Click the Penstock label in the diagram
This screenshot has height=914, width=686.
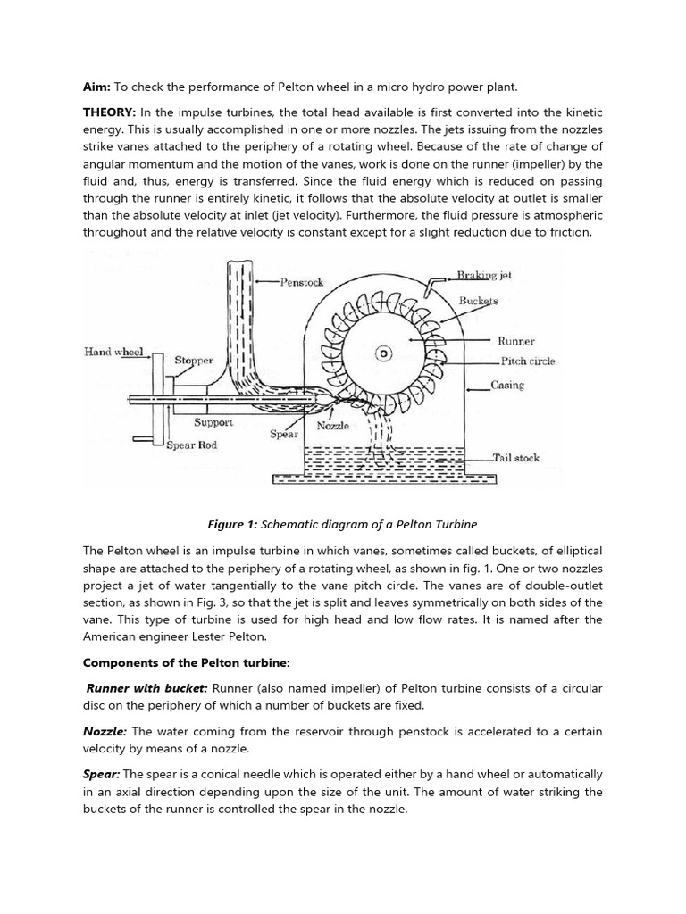[x=301, y=282]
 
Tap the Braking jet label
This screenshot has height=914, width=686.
[x=484, y=276]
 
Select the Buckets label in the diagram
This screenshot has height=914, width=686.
[x=478, y=301]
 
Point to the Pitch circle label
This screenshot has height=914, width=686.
[x=528, y=361]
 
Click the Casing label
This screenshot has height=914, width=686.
[x=507, y=386]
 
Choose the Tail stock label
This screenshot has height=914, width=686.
[x=516, y=458]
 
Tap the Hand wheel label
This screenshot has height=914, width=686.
[x=113, y=352]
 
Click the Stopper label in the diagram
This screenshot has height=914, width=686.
[x=193, y=361]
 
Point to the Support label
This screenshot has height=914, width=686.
[x=213, y=422]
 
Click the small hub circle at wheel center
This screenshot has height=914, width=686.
[x=383, y=353]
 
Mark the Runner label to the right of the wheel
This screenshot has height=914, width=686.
[x=515, y=341]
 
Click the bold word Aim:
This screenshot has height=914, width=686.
[x=96, y=87]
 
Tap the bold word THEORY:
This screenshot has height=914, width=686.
[x=108, y=112]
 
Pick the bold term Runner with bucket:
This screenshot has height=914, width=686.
[x=146, y=689]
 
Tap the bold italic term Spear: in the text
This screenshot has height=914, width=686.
[x=101, y=774]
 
